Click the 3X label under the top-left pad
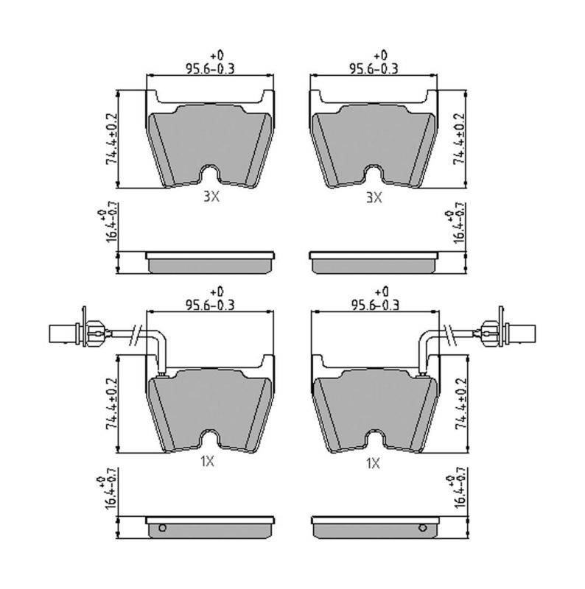[x=211, y=197]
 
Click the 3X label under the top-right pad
[x=374, y=197]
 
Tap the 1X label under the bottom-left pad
[x=207, y=462]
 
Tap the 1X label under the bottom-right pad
[x=373, y=464]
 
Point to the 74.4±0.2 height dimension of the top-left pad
[x=112, y=139]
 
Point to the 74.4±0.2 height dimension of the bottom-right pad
[x=461, y=403]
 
